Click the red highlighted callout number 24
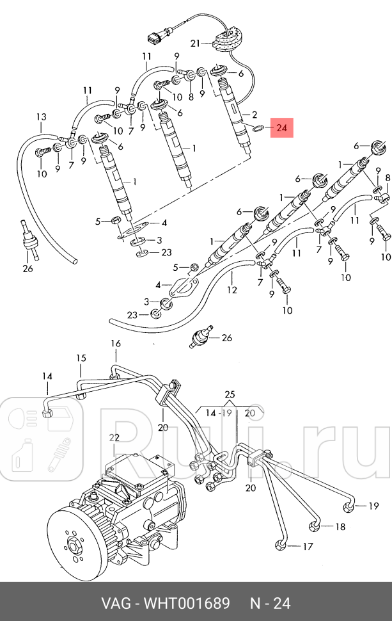[282, 129]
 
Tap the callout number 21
[196, 44]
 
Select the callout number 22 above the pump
[114, 437]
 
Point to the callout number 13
[41, 117]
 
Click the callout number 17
[308, 547]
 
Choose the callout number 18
[340, 527]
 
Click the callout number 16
[115, 344]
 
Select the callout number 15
[81, 358]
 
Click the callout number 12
[231, 290]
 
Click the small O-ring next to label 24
[257, 129]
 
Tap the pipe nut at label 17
[281, 545]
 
